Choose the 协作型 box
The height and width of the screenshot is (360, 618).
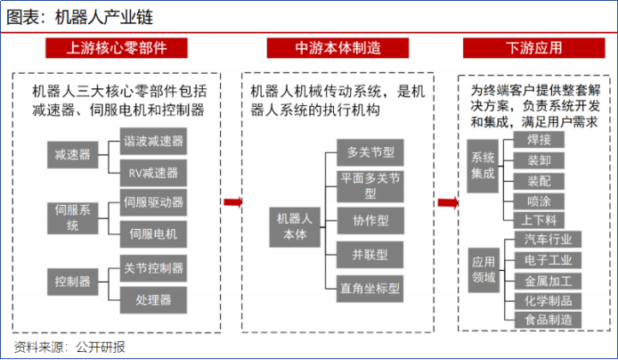(370, 219)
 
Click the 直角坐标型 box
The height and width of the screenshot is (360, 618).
(370, 288)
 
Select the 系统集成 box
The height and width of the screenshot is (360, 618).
(482, 166)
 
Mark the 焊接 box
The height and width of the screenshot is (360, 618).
(539, 140)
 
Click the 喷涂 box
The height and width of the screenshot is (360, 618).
(539, 200)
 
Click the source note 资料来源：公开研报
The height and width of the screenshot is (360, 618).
(69, 347)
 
